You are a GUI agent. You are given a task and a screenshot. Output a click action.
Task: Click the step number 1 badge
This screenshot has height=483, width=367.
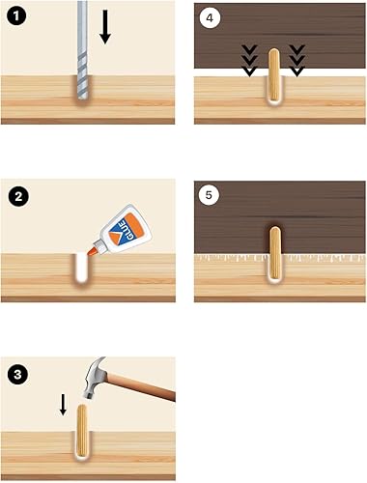(x=16, y=17)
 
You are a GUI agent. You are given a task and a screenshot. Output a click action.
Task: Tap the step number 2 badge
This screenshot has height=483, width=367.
(x=18, y=196)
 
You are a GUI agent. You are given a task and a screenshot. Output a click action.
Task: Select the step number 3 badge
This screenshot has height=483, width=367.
(x=17, y=375)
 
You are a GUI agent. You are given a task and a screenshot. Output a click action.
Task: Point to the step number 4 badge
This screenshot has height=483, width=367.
(x=210, y=17)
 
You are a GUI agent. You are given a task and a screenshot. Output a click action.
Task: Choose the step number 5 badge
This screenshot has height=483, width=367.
(x=209, y=195)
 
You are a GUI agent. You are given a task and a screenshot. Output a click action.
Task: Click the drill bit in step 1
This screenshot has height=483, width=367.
(x=82, y=50)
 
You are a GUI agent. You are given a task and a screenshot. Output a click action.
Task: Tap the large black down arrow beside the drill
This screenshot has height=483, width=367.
(x=105, y=27)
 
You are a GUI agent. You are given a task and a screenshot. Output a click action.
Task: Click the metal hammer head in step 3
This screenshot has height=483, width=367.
(x=93, y=378)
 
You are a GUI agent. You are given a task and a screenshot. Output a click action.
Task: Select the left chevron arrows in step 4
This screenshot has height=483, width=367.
(x=250, y=61)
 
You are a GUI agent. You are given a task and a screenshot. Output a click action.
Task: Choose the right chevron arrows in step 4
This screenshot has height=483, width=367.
(x=296, y=61)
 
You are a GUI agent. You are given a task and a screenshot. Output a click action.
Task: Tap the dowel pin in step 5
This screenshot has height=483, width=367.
(x=274, y=253)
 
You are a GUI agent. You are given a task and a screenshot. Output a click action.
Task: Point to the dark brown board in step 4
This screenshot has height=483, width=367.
(x=280, y=36)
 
